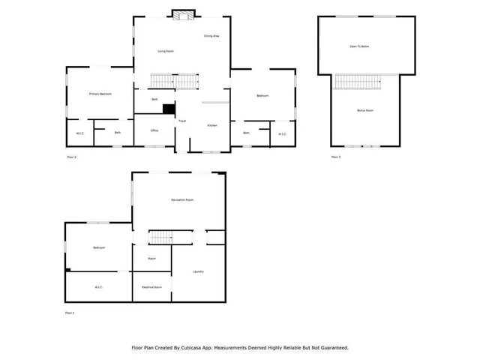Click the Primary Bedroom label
100,94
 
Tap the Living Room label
166,51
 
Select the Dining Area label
211,36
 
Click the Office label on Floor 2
154,130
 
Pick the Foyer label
182,121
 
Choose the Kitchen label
212,125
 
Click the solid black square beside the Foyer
169,109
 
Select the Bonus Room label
365,110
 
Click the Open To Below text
359,46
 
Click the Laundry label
198,271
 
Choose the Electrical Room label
152,287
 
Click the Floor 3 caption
336,157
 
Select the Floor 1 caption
71,312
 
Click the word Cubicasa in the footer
197,348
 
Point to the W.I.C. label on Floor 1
98,287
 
